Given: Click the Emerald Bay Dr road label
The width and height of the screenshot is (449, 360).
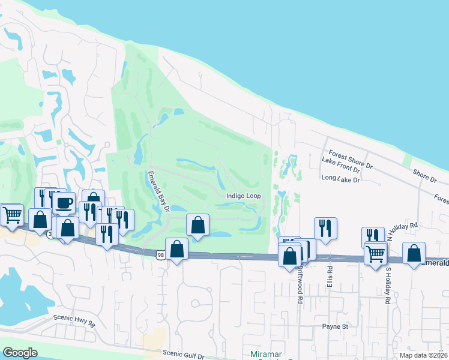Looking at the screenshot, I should (160, 191).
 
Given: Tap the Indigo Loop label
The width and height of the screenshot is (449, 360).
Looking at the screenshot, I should (243, 196).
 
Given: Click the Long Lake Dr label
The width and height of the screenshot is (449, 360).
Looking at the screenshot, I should (340, 179).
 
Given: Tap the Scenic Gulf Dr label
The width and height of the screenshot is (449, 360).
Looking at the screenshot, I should (183, 355).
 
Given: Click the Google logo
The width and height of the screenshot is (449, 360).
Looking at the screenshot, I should (20, 353).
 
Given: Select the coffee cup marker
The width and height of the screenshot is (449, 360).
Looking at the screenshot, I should (63, 202).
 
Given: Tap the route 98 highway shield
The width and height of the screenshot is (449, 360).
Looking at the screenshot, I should (160, 256).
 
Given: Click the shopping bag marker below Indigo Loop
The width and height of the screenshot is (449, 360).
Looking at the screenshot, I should (197, 226).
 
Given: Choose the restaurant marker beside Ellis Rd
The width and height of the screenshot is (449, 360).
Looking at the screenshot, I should (325, 228).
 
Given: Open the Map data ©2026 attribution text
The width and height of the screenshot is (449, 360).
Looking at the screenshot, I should (424, 355).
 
